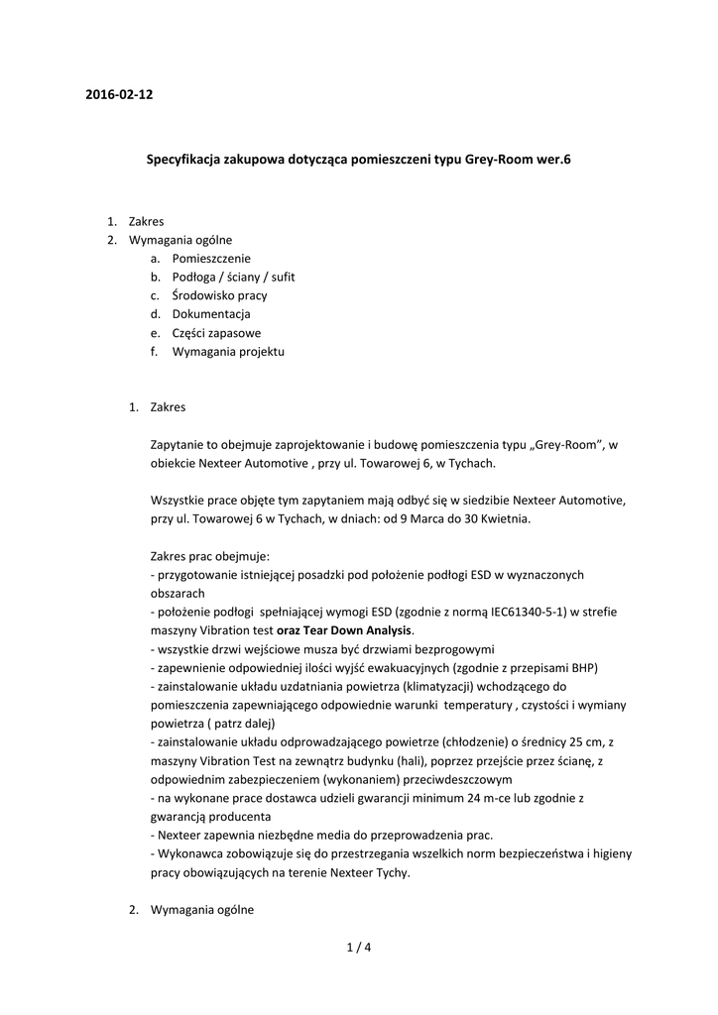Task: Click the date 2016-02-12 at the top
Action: (119, 95)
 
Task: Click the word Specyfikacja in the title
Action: (183, 159)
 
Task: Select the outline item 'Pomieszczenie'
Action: (211, 258)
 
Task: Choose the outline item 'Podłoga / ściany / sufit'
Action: (233, 277)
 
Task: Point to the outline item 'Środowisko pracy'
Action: (219, 295)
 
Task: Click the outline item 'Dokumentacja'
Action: (211, 314)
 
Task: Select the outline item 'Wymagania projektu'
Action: (228, 352)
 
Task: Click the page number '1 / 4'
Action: (359, 948)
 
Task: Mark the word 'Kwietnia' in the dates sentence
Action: (505, 518)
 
